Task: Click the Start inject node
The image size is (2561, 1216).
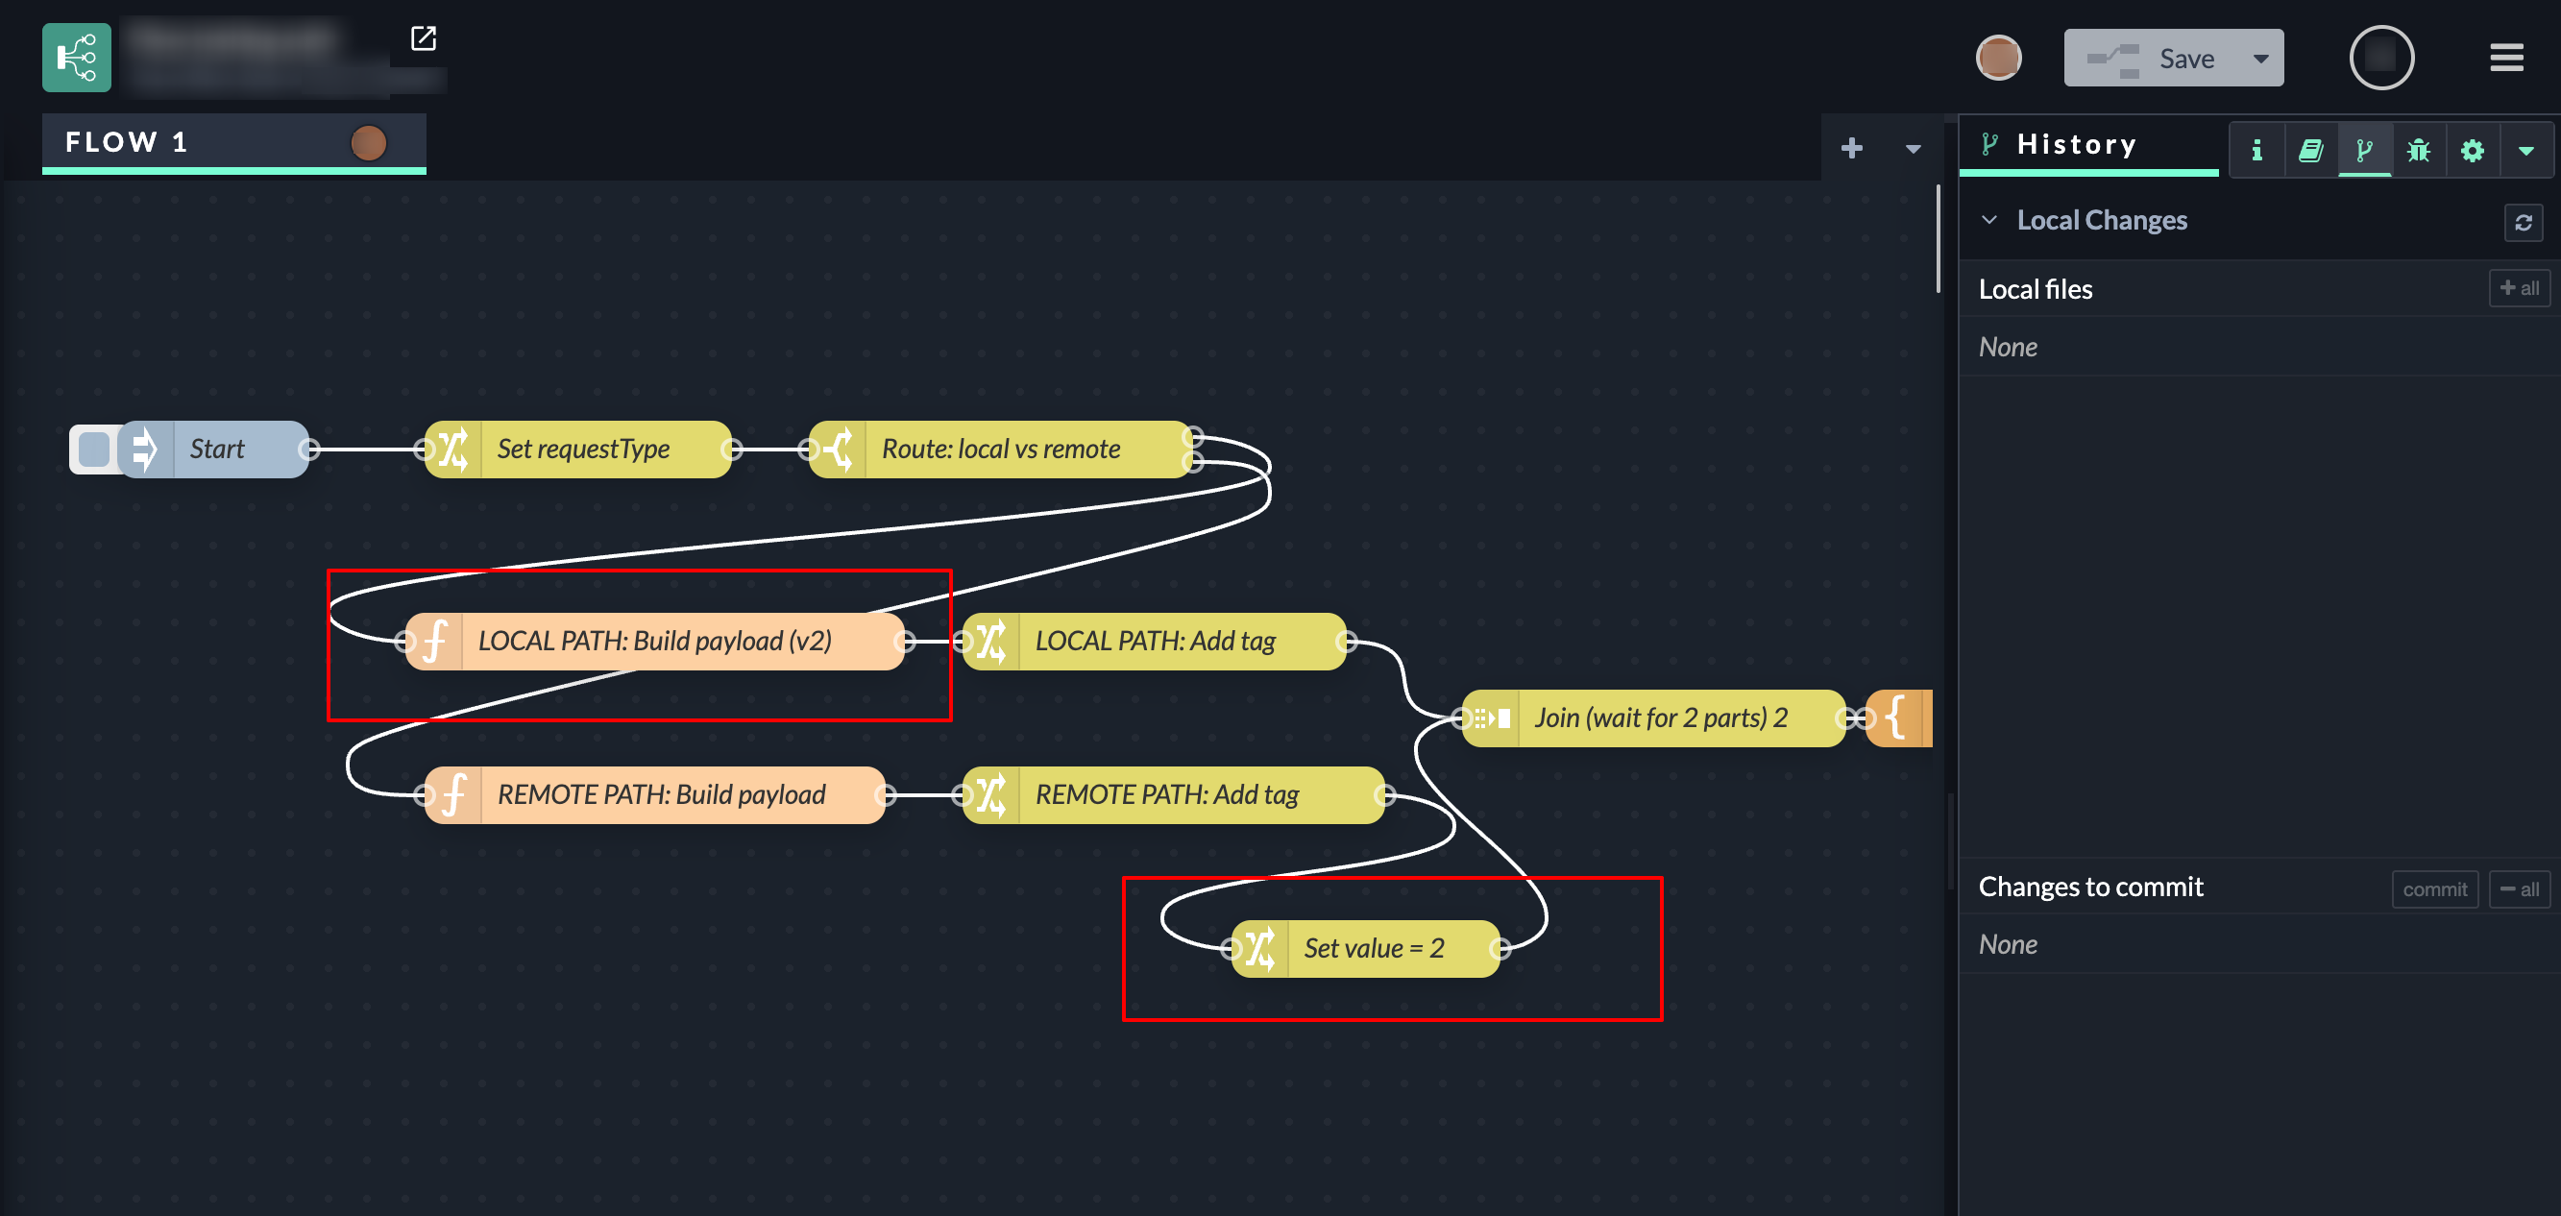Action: (x=217, y=450)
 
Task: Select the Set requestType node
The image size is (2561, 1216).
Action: (x=582, y=450)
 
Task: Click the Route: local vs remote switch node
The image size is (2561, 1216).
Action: (x=1000, y=450)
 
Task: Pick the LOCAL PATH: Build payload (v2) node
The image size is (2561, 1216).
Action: (x=654, y=642)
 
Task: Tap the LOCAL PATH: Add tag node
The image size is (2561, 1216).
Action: (x=1155, y=642)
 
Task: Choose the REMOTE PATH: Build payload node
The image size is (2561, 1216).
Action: (x=660, y=795)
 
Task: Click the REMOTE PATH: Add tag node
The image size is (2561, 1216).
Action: (x=1166, y=795)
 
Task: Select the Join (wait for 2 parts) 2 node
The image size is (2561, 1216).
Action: (x=1659, y=717)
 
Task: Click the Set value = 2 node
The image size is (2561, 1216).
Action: (x=1373, y=949)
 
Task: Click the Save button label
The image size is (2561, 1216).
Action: (x=2185, y=59)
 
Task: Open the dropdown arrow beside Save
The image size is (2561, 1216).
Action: (x=2260, y=59)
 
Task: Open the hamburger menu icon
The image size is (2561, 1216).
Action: (x=2505, y=59)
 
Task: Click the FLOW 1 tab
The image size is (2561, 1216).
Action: (x=126, y=142)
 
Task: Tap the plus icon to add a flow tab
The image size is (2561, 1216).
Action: (x=1851, y=149)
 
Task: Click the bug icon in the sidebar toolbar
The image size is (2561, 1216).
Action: (x=2418, y=150)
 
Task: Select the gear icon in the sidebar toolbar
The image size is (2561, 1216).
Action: (x=2472, y=150)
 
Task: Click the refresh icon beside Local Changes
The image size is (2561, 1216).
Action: (x=2523, y=222)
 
